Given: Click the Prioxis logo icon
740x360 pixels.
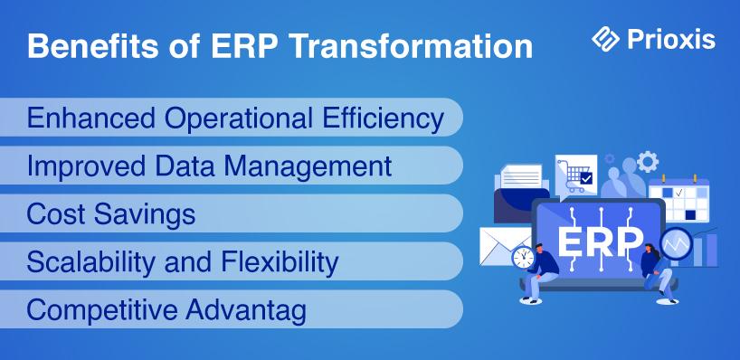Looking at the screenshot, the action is click(x=605, y=39).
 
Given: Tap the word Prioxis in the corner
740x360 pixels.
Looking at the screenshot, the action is click(x=671, y=39).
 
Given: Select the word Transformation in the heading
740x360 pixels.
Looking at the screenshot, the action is click(x=412, y=46).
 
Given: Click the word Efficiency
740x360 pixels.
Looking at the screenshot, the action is click(x=383, y=118).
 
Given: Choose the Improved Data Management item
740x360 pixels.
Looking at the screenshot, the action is click(x=210, y=166).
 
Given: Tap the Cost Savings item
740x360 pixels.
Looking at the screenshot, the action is click(x=111, y=213).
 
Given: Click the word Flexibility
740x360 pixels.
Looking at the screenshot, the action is click(x=280, y=262).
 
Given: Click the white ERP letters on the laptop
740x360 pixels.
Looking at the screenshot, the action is click(x=601, y=242).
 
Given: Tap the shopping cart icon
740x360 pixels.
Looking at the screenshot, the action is click(x=575, y=175).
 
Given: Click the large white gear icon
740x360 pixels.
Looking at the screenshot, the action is click(x=648, y=162).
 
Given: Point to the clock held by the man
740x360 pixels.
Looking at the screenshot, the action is click(x=524, y=258).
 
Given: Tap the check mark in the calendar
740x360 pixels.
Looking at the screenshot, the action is click(x=679, y=193).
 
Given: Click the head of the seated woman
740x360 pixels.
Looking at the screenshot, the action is click(x=649, y=249).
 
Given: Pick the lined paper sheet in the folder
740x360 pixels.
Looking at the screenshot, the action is click(x=521, y=176).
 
